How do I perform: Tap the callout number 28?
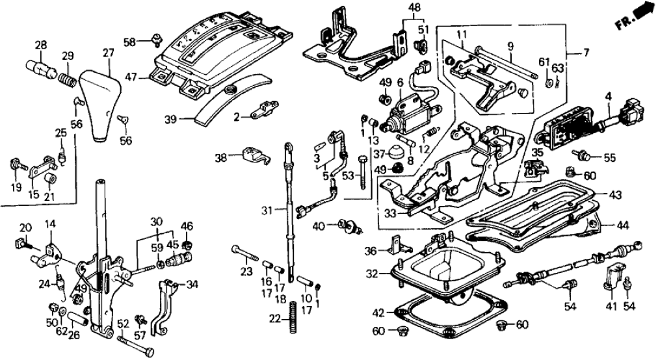tap(41, 45)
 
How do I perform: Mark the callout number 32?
tap(371, 275)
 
